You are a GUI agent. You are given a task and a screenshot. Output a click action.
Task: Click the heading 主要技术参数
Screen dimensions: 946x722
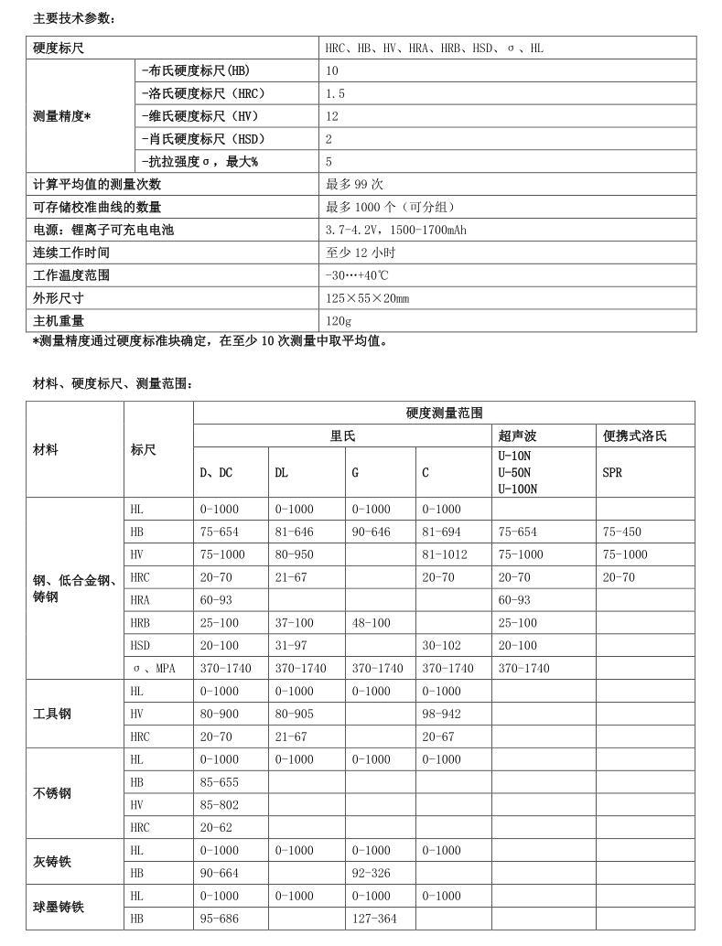tap(74, 18)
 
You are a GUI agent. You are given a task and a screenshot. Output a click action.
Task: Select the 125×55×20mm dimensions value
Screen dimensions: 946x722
tap(368, 298)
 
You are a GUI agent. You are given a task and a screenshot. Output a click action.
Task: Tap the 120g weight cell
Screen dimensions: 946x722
tap(339, 321)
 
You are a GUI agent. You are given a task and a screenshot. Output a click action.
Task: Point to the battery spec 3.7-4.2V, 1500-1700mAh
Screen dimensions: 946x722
tap(396, 230)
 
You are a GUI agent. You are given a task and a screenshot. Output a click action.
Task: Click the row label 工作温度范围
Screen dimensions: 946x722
tap(71, 275)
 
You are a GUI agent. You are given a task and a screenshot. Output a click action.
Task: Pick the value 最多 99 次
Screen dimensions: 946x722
tap(354, 185)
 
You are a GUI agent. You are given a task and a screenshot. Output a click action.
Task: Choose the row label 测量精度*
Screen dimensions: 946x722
tap(62, 116)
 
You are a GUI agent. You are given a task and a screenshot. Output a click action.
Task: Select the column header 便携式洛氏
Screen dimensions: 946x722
tap(635, 436)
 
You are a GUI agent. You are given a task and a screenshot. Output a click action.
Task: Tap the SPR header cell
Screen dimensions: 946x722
tap(612, 473)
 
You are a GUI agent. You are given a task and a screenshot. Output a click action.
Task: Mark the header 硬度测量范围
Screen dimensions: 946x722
tap(444, 414)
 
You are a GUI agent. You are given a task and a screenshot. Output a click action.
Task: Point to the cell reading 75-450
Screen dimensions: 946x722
tap(622, 532)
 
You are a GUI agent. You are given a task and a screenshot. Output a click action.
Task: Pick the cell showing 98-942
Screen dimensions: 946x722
tap(441, 714)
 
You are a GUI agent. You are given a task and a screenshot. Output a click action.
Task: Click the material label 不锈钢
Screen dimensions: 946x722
tap(52, 793)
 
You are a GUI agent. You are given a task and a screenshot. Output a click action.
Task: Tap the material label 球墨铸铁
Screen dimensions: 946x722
tap(59, 907)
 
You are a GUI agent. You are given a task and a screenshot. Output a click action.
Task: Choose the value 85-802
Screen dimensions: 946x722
tap(219, 805)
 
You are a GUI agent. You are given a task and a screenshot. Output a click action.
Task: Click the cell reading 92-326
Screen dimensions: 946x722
tap(371, 873)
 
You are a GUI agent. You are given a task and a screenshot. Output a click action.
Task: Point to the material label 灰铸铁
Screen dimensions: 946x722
tap(52, 862)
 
